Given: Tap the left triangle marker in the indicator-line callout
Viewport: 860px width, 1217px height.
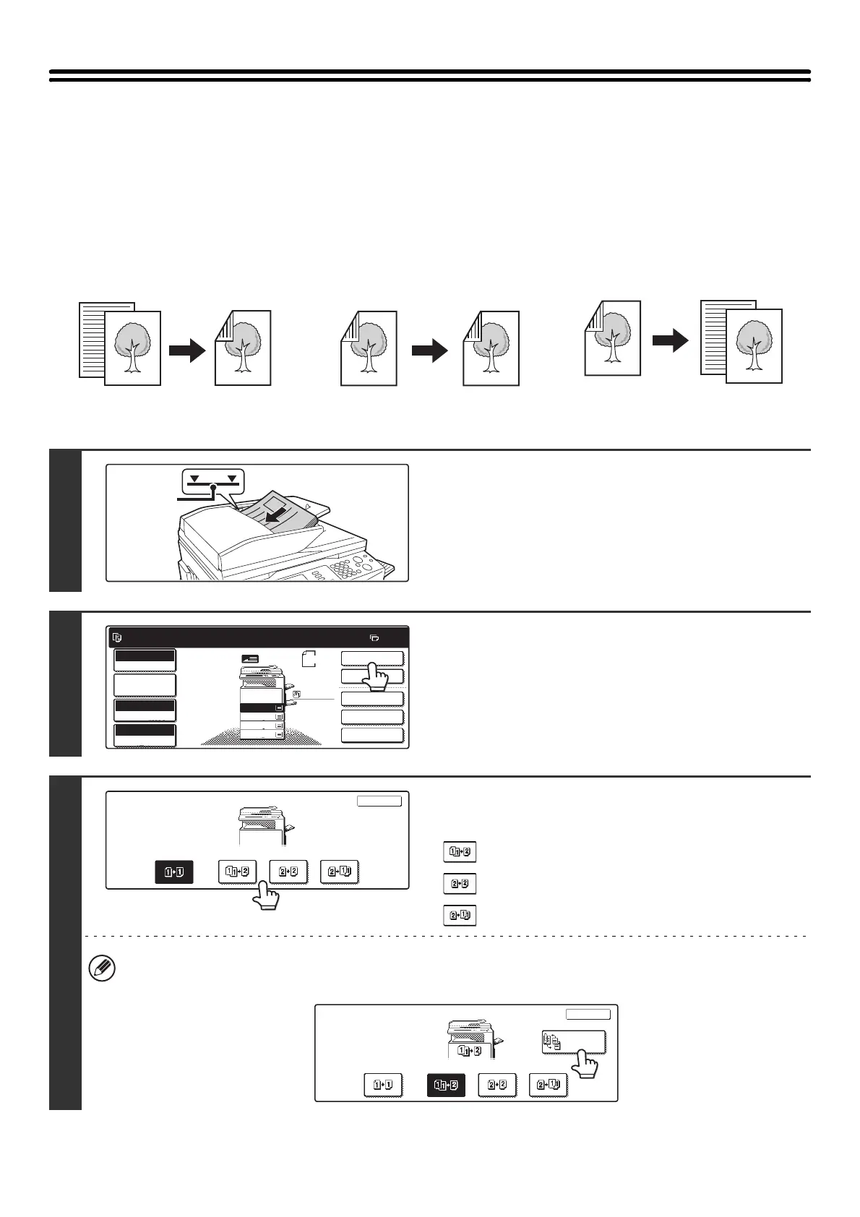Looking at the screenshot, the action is point(194,479).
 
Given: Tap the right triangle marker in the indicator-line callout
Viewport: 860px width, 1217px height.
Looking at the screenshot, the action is point(232,479).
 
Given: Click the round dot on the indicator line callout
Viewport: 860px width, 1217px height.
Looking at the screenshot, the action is point(213,489).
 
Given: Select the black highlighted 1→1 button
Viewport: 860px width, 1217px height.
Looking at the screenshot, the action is point(173,872).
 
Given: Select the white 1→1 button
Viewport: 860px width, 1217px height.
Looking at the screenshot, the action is point(383,1085).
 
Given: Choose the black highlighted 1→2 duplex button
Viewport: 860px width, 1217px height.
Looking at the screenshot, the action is point(445,1085).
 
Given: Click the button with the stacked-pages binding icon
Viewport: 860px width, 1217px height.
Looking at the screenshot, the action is point(573,1043).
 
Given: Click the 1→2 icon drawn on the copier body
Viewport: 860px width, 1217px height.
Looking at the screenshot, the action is point(469,1051).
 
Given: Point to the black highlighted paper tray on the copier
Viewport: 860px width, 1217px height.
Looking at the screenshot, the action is point(262,708).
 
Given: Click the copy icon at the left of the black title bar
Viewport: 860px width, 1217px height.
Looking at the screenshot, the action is point(118,638).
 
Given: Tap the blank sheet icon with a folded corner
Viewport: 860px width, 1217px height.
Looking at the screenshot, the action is point(309,658).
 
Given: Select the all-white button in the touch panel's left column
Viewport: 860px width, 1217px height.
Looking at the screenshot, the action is point(145,685).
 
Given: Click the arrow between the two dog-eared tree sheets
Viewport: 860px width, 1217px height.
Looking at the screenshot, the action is point(430,350).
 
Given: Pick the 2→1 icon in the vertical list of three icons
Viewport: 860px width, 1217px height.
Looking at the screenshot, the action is point(459,915).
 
